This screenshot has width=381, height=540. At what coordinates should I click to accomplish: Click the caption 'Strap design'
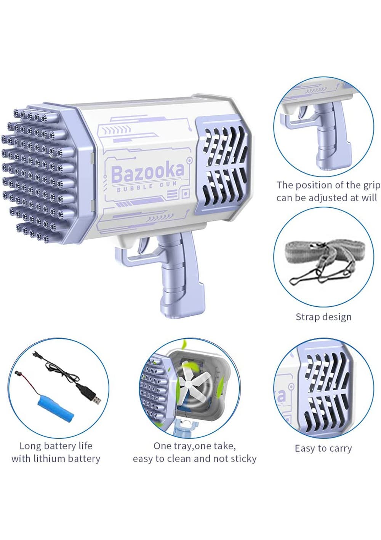323,317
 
